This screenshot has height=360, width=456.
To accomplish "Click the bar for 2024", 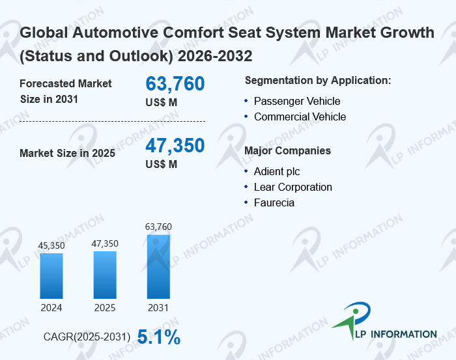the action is [51, 276].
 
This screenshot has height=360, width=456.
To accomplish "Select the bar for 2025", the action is [105, 275].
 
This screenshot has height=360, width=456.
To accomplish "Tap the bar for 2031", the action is [158, 266].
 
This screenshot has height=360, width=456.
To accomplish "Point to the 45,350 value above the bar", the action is [51, 245].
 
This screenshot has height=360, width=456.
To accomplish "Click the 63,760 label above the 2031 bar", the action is [158, 227].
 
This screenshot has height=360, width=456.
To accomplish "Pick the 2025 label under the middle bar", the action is [105, 308].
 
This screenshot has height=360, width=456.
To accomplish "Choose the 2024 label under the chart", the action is [51, 308].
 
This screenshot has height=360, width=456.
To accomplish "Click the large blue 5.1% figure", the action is [159, 337].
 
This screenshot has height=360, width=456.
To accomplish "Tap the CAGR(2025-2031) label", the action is [87, 337].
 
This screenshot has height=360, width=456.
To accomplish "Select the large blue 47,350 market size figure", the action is [175, 145].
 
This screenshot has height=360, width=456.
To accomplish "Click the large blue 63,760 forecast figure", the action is [175, 84].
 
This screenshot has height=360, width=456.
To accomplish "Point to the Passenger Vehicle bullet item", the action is [297, 101].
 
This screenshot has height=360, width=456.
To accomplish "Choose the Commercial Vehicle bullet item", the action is [300, 117].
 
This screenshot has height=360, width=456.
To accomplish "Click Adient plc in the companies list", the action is [277, 171].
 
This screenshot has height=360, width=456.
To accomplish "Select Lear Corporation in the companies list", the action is [293, 187].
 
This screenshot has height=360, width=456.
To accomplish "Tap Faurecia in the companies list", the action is [274, 203].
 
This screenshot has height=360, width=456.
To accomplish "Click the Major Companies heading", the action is [288, 150].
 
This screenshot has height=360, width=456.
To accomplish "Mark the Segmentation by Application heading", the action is [318, 81].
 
